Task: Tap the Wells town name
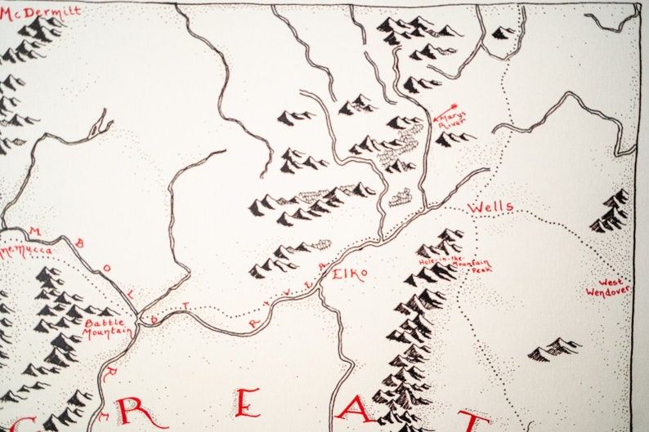tap(490, 207)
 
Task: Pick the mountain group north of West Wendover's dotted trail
tap(555, 349)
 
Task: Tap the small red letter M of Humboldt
tap(34, 231)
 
